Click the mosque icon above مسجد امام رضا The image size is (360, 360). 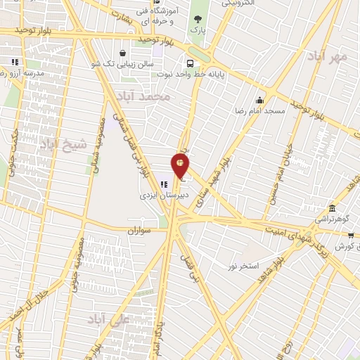pyautogui.click(x=259, y=100)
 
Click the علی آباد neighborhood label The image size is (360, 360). pyautogui.click(x=110, y=320)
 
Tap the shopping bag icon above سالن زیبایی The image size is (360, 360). pyautogui.click(x=122, y=53)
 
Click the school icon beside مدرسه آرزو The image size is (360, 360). pyautogui.click(x=15, y=62)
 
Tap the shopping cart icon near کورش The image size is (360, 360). pyautogui.click(x=349, y=237)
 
